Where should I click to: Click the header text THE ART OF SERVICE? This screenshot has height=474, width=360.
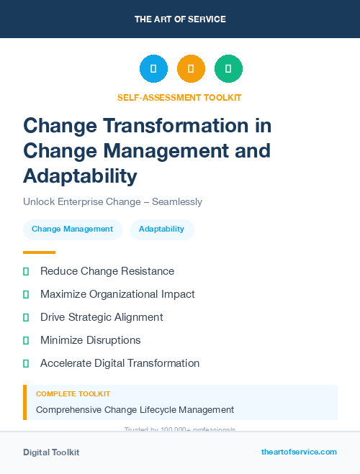[180, 19]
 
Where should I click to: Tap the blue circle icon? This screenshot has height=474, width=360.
[153, 69]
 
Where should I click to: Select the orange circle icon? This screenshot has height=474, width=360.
[191, 69]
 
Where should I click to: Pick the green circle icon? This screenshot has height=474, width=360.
[228, 69]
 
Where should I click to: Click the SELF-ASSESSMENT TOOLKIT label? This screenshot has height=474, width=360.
[179, 97]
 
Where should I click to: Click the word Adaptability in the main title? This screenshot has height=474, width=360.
[80, 176]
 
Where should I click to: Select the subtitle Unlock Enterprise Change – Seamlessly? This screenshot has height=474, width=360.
[112, 202]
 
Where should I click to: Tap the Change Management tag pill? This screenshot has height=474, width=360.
[72, 229]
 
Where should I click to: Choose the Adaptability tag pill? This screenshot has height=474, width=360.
[161, 229]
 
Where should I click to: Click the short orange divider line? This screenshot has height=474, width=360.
[39, 252]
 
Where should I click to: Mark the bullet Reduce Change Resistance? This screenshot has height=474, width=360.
[107, 271]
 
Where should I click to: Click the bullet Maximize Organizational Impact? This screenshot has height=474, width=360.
[117, 294]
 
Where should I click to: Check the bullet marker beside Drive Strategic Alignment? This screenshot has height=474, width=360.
[26, 317]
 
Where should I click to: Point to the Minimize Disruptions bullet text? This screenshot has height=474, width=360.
[90, 340]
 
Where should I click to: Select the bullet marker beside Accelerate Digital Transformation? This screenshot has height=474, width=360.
[26, 363]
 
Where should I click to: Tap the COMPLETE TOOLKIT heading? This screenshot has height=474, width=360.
[73, 394]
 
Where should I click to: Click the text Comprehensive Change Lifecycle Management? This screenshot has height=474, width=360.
[135, 410]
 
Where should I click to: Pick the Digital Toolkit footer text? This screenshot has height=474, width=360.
[51, 452]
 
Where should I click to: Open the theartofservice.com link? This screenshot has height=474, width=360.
[299, 452]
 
